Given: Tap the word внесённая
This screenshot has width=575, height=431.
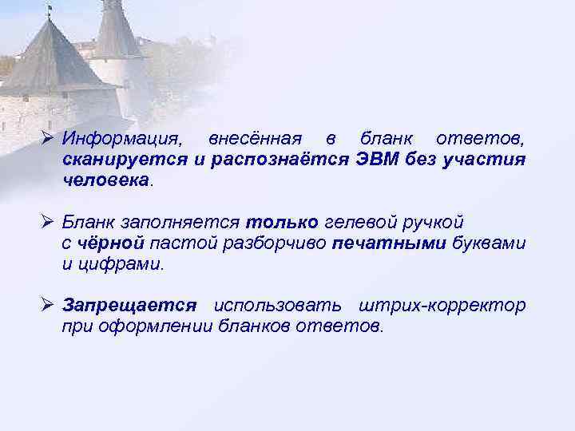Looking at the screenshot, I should (x=255, y=140).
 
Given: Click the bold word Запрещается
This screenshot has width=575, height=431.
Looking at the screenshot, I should (x=129, y=306).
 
